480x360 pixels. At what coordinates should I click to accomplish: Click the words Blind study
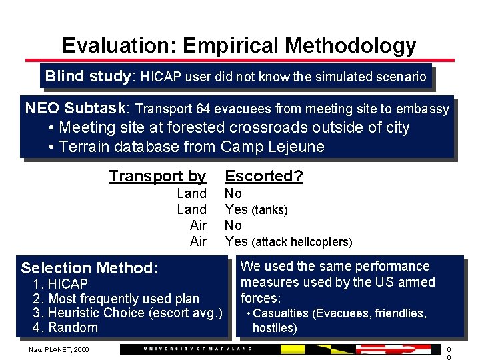coord(89,76)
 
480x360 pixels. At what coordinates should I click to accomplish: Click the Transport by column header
coord(157,176)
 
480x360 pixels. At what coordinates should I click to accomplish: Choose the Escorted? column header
coord(264,176)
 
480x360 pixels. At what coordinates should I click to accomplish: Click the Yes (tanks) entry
coord(256,210)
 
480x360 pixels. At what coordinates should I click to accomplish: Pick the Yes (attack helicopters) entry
coord(288,241)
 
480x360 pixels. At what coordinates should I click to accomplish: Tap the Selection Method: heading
coord(89,268)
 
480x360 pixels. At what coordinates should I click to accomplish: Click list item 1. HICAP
coord(60,285)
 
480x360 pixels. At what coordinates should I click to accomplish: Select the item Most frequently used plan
coord(123,299)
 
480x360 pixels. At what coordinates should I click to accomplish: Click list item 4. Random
coord(65,327)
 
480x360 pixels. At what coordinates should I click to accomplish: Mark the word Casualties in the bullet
coord(281,313)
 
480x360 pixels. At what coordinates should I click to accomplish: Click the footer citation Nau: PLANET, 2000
coord(58,349)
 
